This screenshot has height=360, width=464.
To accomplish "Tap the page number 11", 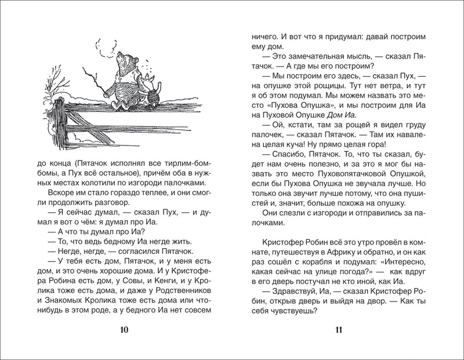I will tap(339, 330).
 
